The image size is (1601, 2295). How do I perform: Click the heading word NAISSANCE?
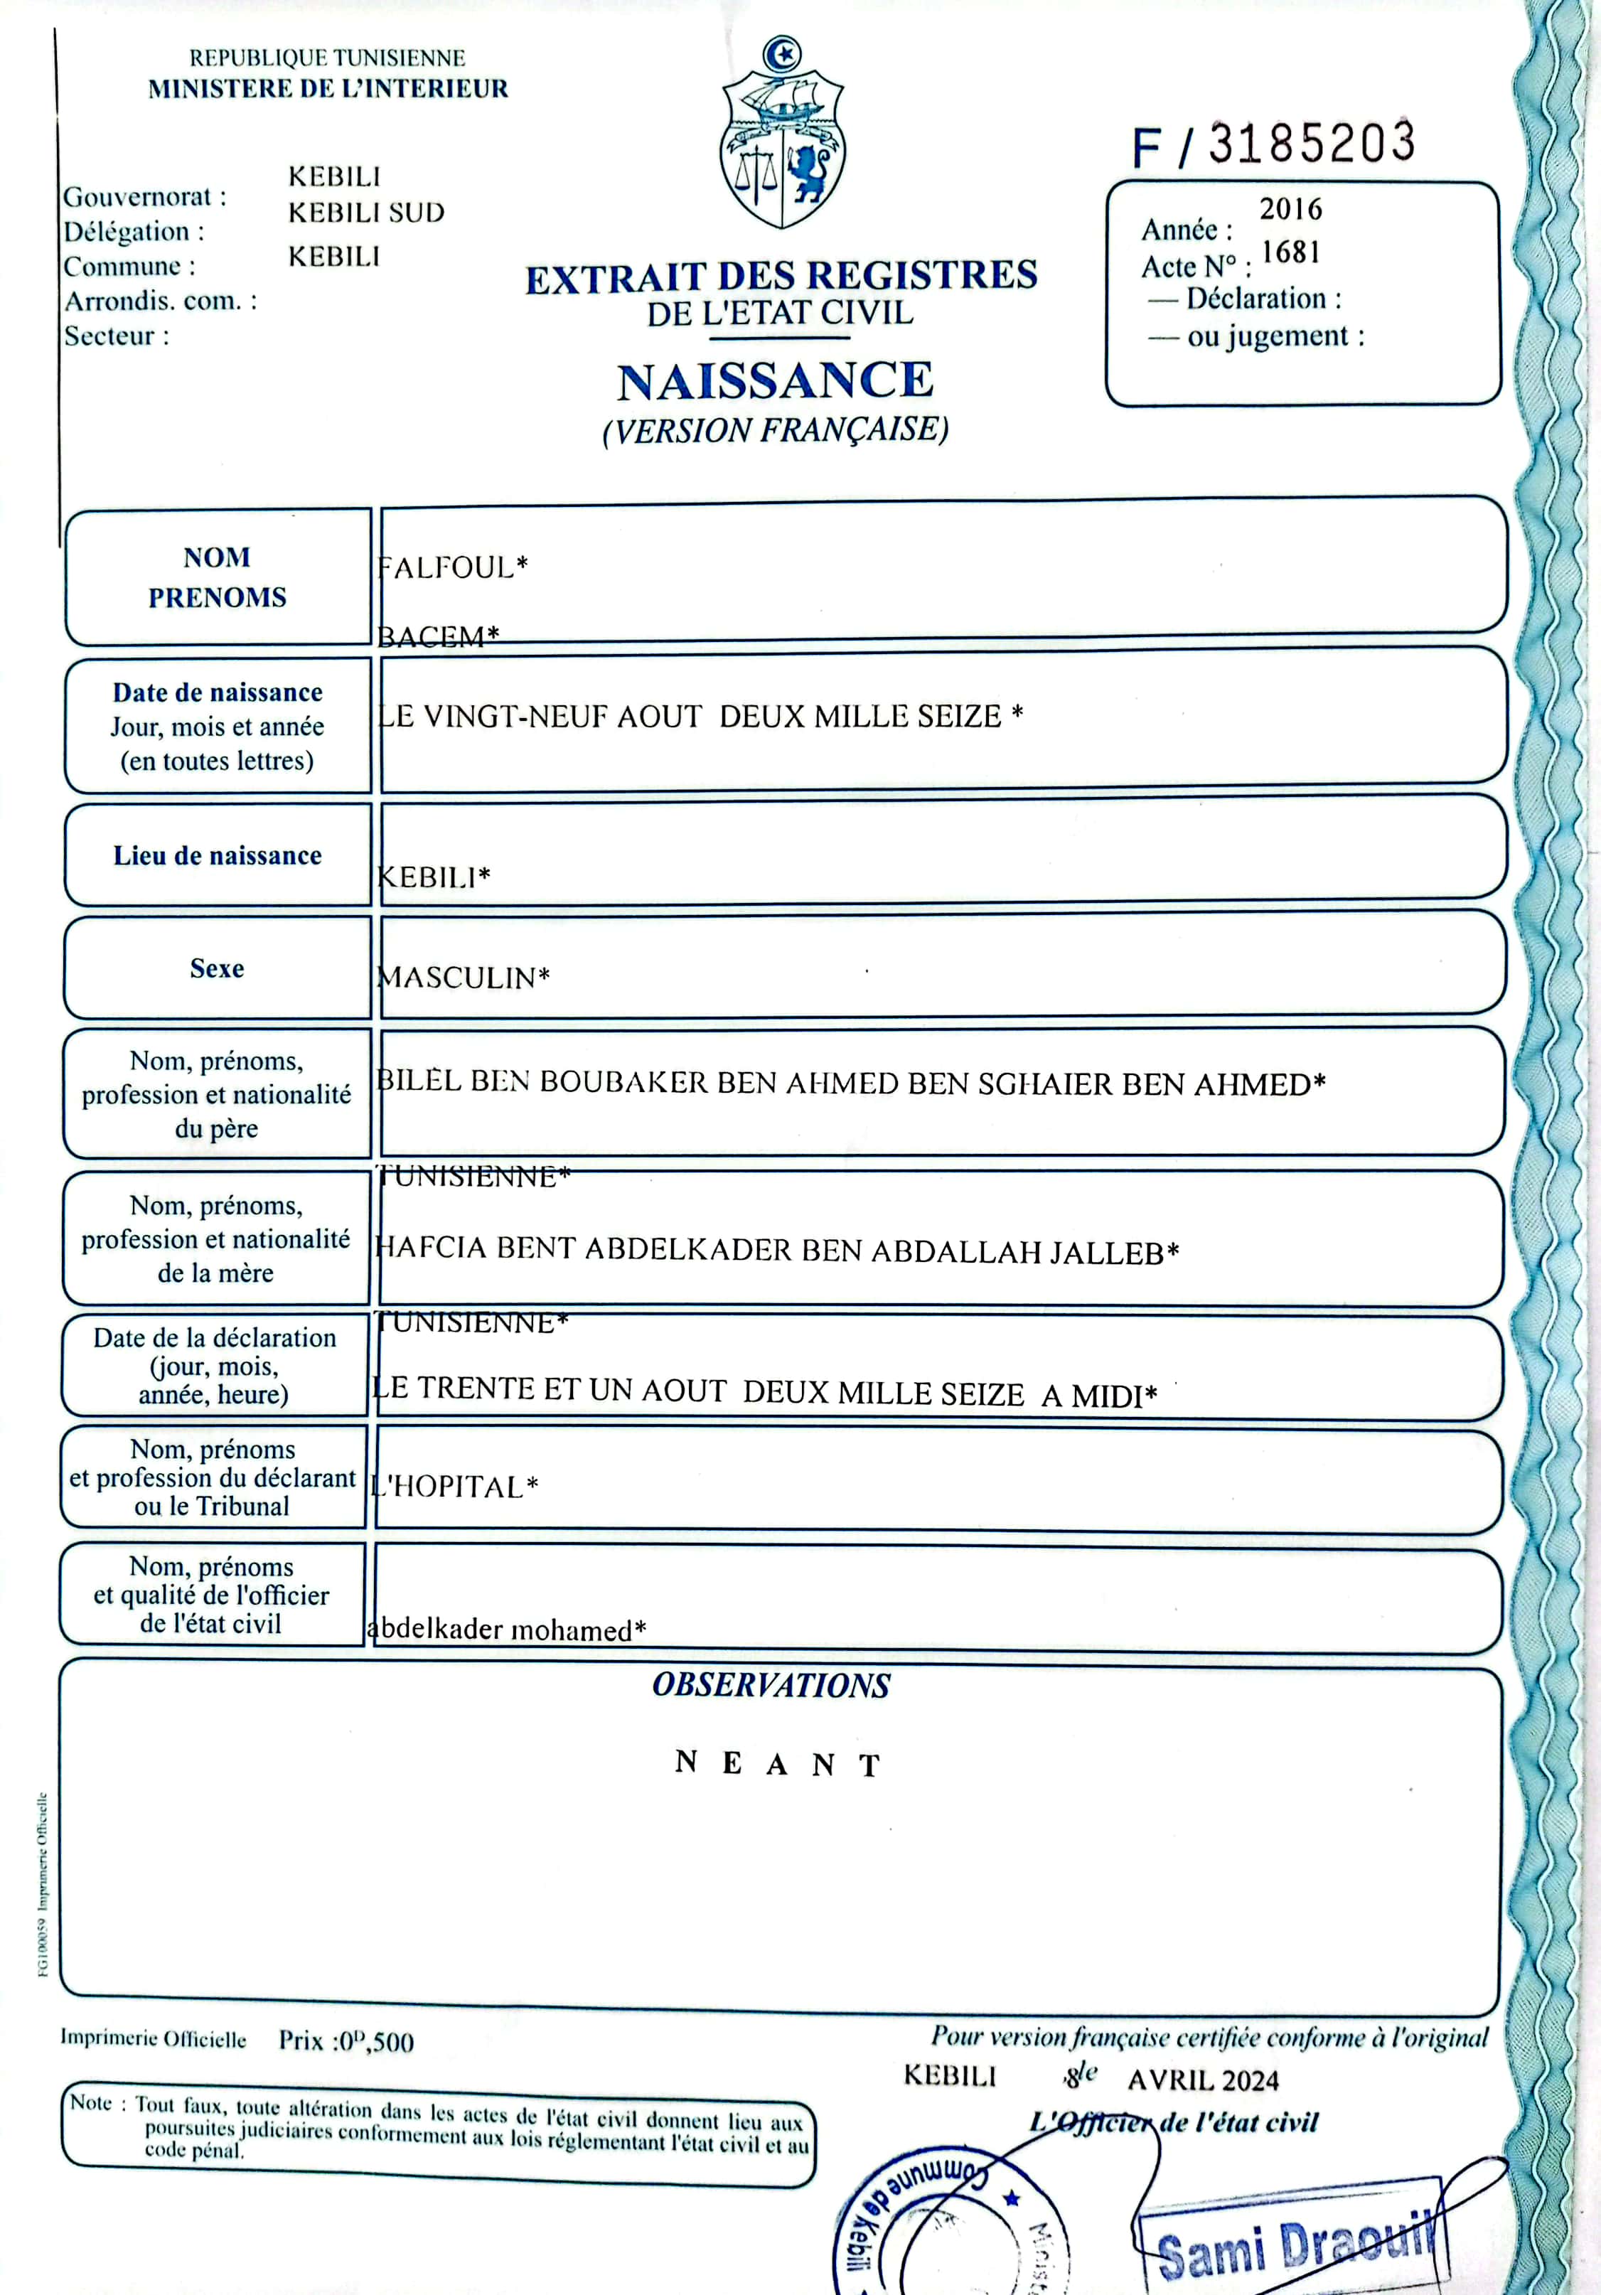(x=776, y=381)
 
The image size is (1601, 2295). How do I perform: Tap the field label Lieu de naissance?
(x=217, y=855)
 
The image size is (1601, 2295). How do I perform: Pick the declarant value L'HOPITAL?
(x=455, y=1487)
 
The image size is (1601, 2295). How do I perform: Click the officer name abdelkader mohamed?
(x=505, y=1630)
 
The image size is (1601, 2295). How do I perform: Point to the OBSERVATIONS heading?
(x=771, y=1685)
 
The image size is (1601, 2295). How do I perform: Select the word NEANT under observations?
(x=778, y=1763)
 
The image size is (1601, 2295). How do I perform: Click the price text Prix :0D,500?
(x=346, y=2040)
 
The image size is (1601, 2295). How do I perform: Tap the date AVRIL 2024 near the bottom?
(x=1204, y=2080)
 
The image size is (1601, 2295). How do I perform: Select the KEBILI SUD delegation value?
(x=366, y=213)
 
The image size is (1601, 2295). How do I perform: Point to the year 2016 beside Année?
(x=1290, y=209)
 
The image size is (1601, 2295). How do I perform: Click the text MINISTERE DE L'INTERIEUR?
(x=328, y=89)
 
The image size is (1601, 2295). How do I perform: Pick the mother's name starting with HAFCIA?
(x=776, y=1251)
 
